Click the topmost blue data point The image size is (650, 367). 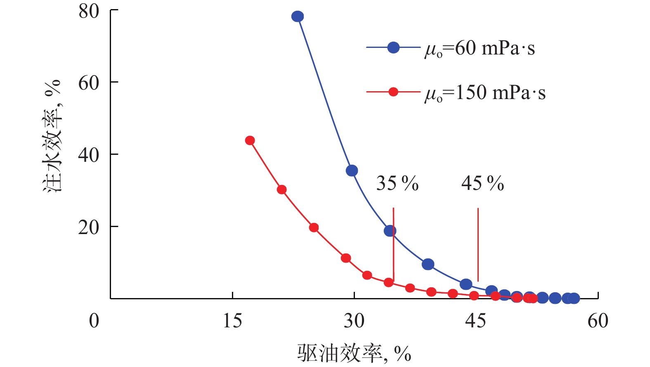[x=298, y=17]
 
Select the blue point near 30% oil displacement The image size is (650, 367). [x=352, y=170]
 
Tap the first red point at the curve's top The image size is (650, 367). [x=250, y=140]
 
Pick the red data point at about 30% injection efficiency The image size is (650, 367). [x=282, y=189]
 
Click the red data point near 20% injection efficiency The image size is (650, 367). [x=314, y=227]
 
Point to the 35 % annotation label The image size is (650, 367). [x=397, y=183]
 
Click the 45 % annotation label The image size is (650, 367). [x=482, y=183]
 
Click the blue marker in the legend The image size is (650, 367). [x=393, y=47]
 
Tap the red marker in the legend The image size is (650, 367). [x=393, y=92]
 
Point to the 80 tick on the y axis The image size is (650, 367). [x=89, y=11]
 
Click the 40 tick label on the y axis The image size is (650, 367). [x=89, y=155]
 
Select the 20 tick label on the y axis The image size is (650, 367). [x=89, y=227]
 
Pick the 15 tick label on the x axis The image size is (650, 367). [x=232, y=321]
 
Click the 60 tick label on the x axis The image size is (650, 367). [x=598, y=321]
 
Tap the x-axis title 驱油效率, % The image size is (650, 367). [x=354, y=353]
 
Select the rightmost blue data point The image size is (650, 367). [x=574, y=298]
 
